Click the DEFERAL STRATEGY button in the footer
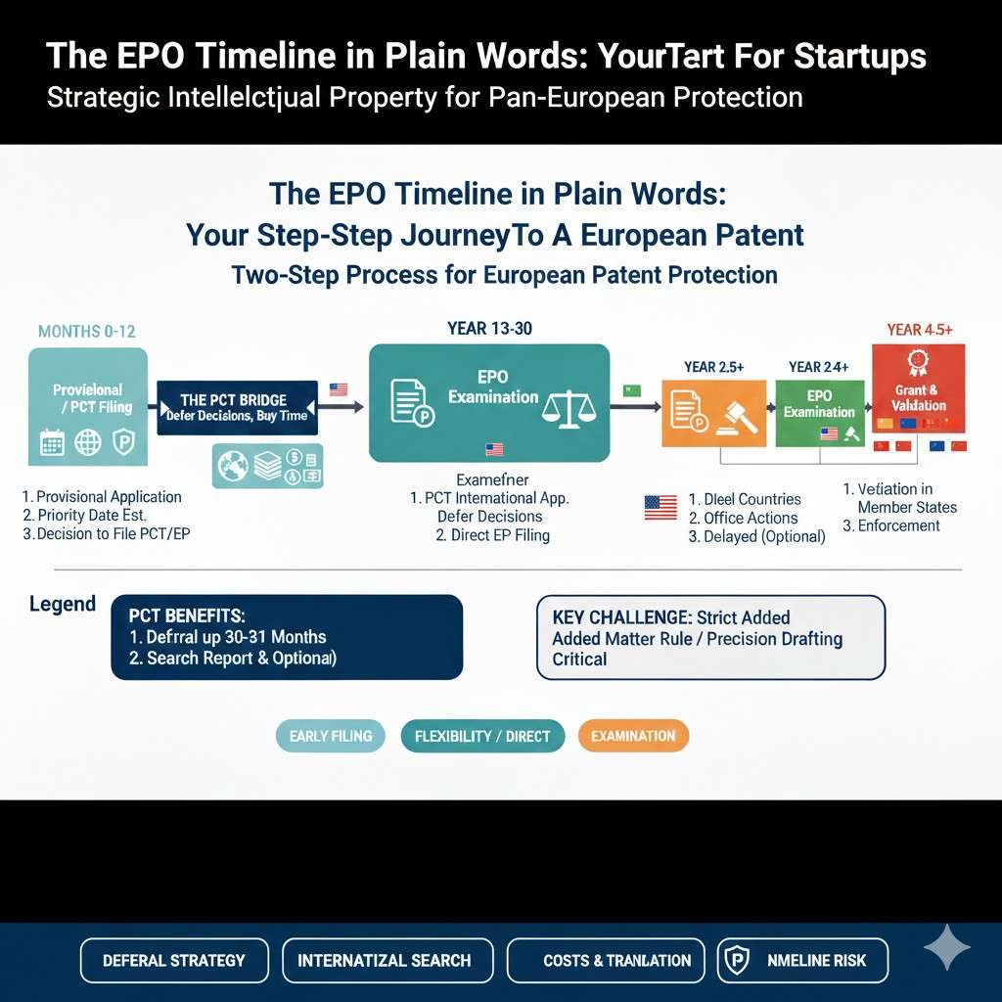pos(174,960)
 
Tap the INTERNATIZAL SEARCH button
pos(384,960)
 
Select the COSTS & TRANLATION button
pos(616,960)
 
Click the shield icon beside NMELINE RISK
pos(734,960)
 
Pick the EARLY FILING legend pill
pos(331,736)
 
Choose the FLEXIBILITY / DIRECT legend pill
pos(482,736)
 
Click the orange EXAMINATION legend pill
pos(633,736)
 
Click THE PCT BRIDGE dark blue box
pos(238,406)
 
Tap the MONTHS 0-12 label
pos(86,332)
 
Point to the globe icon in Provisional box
pos(88,443)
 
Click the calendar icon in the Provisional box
pos(52,443)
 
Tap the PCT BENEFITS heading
pos(187,616)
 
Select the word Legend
pos(63,604)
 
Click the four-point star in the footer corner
pos(947,948)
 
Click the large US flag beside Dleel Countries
pos(660,507)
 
